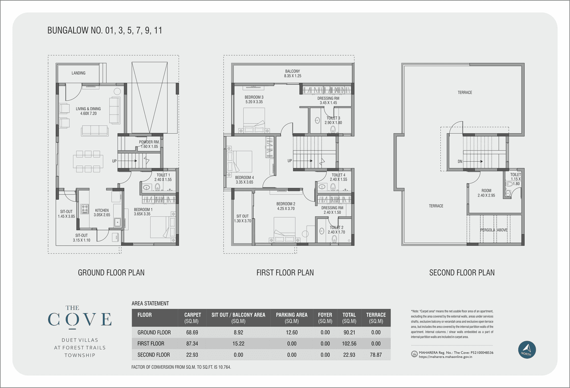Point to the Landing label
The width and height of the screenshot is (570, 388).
pos(78,73)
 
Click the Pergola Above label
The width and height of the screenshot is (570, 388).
pos(493,230)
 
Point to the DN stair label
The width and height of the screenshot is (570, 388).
pos(460,162)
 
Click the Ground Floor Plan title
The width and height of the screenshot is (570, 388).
pos(111,273)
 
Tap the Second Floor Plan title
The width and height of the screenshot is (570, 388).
pos(462,273)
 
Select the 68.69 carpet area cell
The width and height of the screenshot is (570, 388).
pos(192,332)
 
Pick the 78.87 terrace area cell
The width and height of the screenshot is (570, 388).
pos(376,355)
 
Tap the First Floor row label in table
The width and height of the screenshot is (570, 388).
pos(151,343)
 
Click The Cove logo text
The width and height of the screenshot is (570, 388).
pos(79,319)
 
